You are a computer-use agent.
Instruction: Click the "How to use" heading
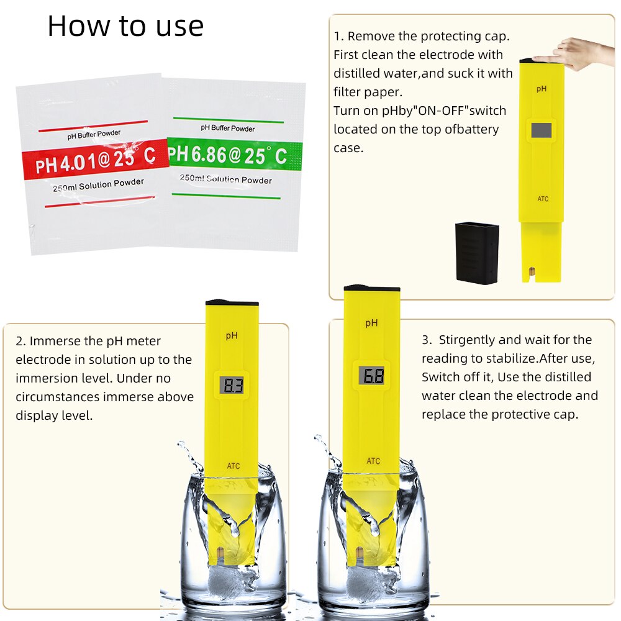125,26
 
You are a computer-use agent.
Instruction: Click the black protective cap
476,253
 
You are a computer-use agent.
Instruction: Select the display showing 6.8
371,375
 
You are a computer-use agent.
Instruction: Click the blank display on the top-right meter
542,129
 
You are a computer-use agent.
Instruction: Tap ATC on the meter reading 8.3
233,466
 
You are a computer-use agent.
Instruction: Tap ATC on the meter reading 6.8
373,461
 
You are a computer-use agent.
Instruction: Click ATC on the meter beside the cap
542,199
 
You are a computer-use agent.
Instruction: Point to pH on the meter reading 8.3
232,335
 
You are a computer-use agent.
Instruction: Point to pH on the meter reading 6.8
371,323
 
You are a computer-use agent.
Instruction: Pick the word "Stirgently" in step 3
468,340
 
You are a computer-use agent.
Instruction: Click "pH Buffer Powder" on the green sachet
227,128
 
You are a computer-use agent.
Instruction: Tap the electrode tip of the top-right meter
532,272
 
